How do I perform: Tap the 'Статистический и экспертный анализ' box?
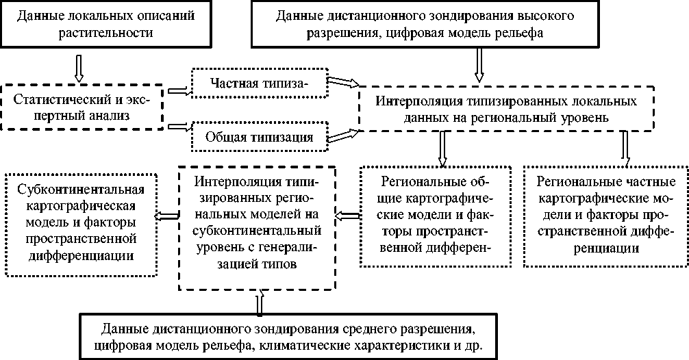coord(82,107)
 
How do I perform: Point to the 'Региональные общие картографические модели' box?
coord(436,216)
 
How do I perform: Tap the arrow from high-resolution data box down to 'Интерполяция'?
coord(479,68)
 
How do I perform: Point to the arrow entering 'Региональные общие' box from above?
coord(443,149)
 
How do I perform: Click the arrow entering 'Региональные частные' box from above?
coord(625,149)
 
